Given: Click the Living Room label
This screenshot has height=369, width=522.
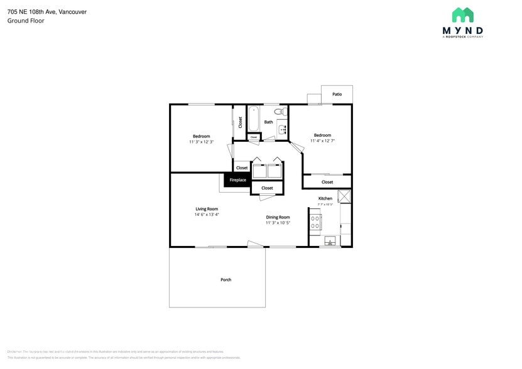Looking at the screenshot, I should pos(206,209).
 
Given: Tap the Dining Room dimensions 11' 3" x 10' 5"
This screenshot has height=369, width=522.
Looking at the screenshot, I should pos(277,223).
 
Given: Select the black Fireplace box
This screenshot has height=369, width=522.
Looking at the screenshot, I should pos(237,180).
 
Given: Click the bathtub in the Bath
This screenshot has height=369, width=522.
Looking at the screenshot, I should pos(253,118).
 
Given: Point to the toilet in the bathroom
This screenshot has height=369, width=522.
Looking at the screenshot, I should pos(283,112).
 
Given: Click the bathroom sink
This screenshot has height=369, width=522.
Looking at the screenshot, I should pos(282,130).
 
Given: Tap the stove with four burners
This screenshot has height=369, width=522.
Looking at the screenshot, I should pos(315,221).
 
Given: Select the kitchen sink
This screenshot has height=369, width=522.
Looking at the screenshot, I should pos(330,241).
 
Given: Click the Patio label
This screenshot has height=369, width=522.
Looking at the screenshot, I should pos(337,94).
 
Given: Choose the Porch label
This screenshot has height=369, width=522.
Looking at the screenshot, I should pos(226,279).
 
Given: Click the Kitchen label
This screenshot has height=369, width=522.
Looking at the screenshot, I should pos(325,198).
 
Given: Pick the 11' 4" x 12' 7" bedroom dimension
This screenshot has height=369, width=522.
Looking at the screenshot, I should pos(322,141).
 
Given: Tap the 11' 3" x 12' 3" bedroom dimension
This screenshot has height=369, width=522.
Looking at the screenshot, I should pos(201,142).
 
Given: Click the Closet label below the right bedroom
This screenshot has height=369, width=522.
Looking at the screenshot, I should pos(327,182).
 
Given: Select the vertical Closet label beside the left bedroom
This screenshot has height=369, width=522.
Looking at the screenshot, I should pos(240,122).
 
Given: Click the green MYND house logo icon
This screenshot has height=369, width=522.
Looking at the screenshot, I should pos(462,15).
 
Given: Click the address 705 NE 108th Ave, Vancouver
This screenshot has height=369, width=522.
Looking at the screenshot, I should pos(47,11).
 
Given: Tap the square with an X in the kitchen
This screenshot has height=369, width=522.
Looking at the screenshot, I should pos(344,196).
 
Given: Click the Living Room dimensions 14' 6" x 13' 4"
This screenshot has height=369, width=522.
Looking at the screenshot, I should pos(206,215).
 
